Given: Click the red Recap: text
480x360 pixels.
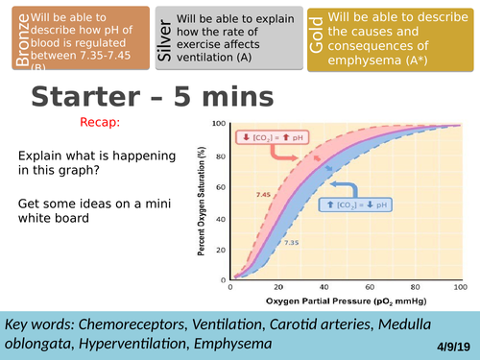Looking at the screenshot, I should click(x=101, y=123).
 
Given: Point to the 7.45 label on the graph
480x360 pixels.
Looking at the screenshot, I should click(x=263, y=194).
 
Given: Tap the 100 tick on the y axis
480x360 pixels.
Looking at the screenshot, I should click(x=218, y=123).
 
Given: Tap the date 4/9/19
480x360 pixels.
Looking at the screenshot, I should click(x=450, y=339).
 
